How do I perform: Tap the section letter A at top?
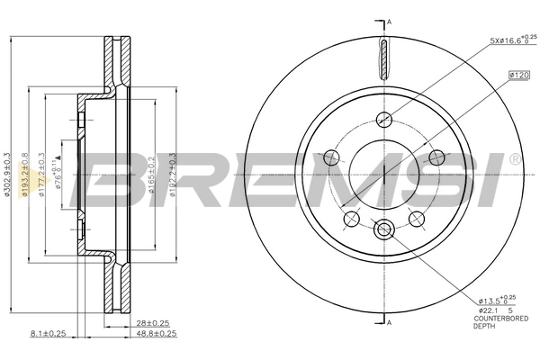click(x=390, y=21)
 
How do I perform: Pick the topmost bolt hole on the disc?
click(x=385, y=117)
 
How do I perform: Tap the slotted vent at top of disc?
click(x=385, y=59)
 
